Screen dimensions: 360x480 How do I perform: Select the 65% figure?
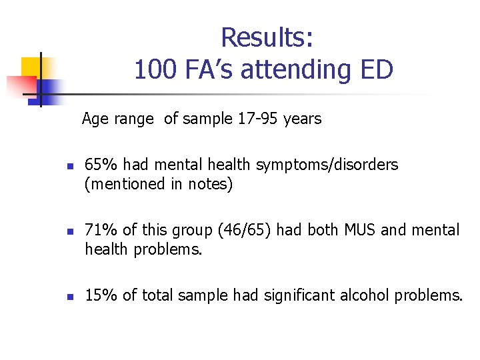[100, 165]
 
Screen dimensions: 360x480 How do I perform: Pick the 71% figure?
[100, 230]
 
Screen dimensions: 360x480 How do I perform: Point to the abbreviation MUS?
[360, 230]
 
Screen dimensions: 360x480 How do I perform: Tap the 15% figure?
[100, 295]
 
